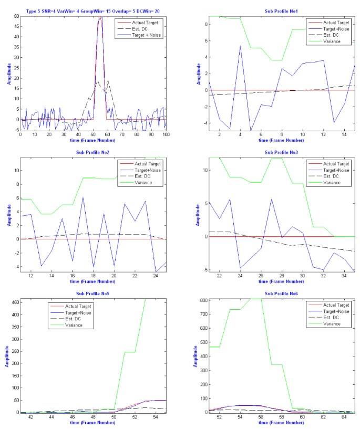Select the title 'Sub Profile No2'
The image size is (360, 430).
92,152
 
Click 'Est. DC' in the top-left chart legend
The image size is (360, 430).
141,29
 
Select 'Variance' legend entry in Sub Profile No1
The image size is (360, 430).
324,41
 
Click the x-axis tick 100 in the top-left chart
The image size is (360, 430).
166,135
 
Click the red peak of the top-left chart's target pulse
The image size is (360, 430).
100,17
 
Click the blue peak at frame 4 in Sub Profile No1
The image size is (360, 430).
240,46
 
